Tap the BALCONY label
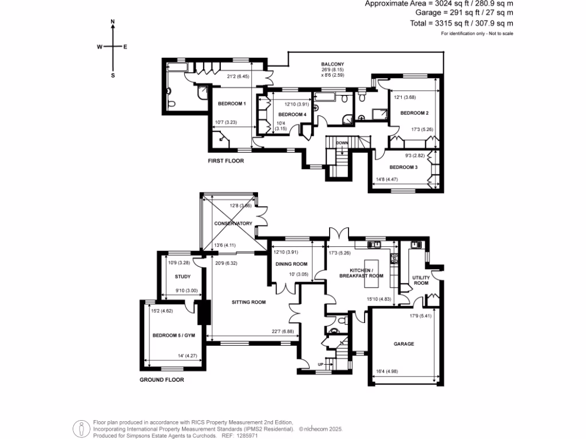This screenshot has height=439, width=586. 332,64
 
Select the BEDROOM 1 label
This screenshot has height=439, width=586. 232,103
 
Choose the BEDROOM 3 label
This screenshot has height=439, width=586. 403,167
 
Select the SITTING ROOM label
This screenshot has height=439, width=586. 248,302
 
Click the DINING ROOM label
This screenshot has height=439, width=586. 291,264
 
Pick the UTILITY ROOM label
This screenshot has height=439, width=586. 421,280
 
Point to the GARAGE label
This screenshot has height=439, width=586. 403,344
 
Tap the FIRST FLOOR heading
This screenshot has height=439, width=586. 225,161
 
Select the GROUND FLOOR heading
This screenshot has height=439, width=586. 162,379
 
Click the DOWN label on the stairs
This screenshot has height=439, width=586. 342,143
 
